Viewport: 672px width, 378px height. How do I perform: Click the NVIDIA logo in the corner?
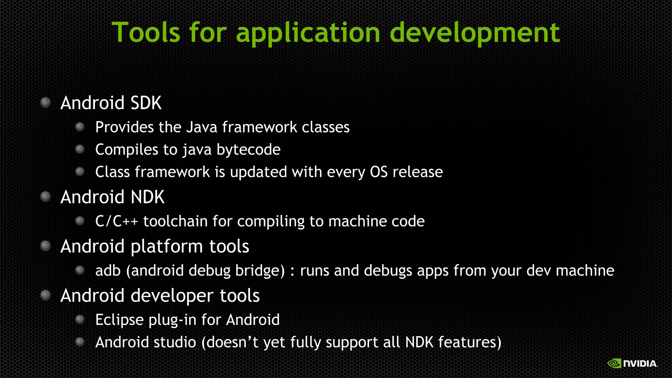(632, 363)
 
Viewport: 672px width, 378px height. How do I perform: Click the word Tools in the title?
(146, 32)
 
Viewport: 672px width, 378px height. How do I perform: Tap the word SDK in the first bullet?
(146, 103)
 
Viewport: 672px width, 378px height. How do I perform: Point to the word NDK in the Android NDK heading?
(147, 197)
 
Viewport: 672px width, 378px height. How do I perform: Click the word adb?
(108, 271)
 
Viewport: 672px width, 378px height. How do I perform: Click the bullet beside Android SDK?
(46, 103)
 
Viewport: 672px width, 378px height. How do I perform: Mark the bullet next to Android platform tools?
(46, 246)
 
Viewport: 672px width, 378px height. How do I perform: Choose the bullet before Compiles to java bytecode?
(80, 150)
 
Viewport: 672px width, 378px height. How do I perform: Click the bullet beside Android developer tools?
(46, 295)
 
